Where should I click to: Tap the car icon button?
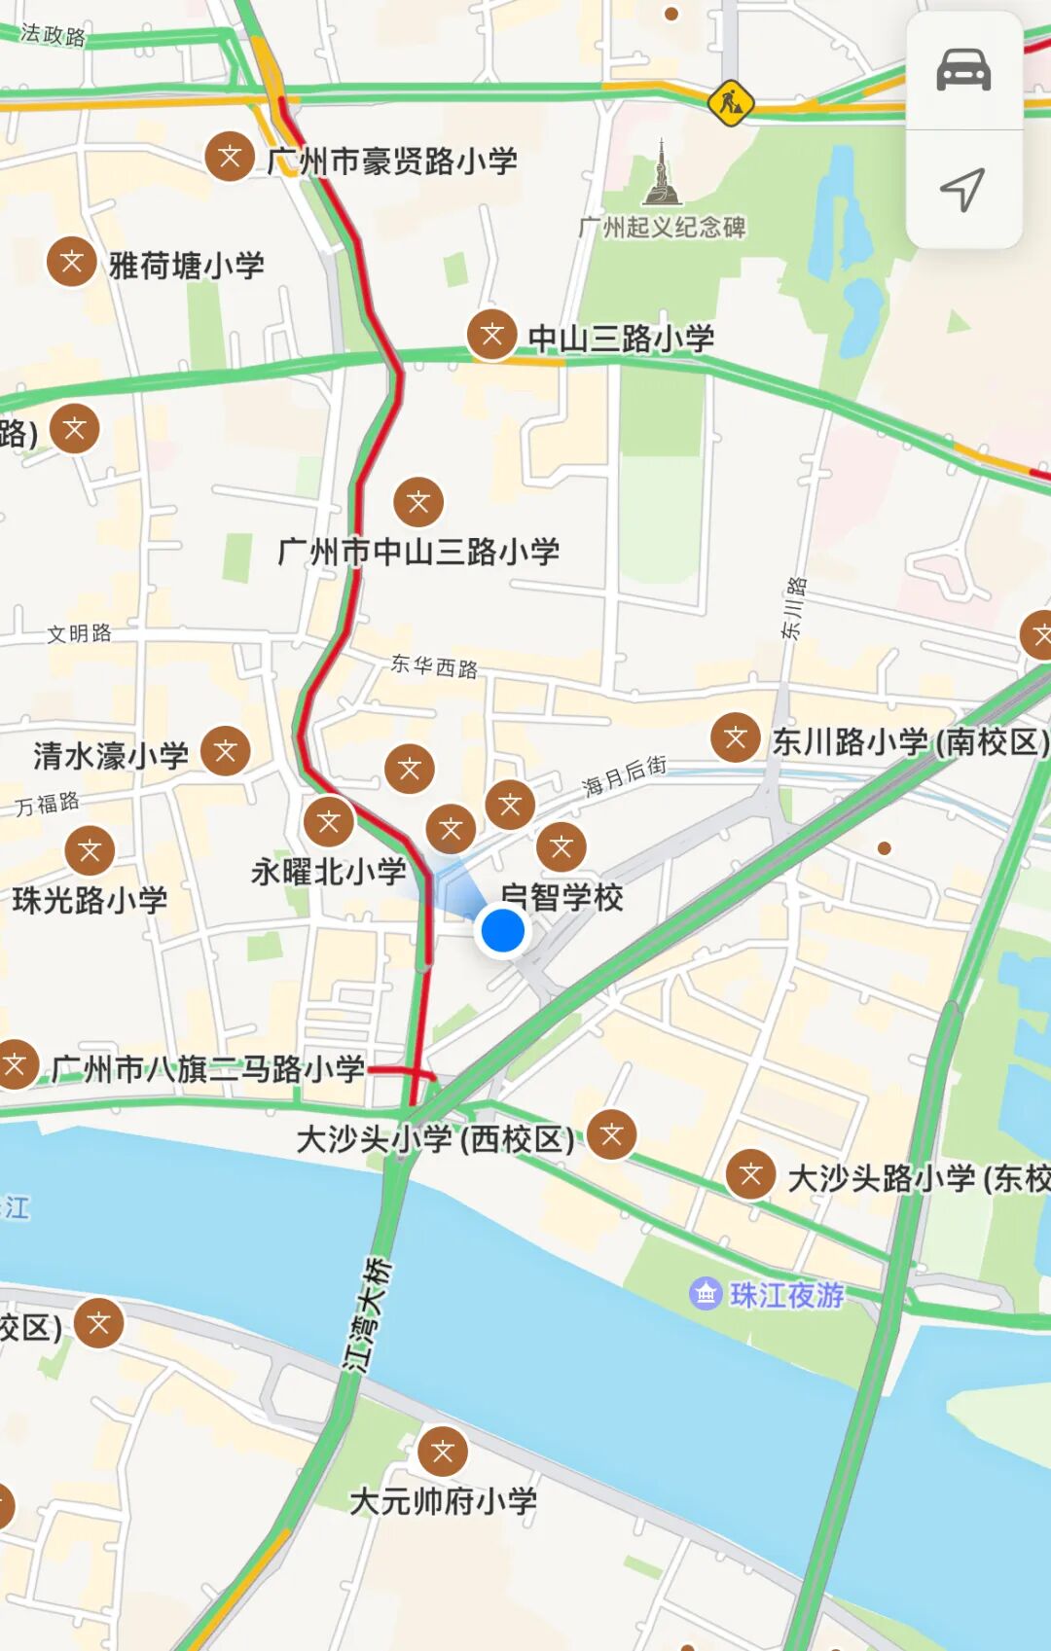click(x=963, y=71)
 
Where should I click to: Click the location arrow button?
click(x=963, y=189)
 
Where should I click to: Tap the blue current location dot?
click(x=503, y=930)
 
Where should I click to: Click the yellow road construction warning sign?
click(x=730, y=102)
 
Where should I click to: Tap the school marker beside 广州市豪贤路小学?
click(x=230, y=157)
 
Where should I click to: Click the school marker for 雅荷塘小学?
click(x=72, y=262)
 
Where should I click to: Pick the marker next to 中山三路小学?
click(x=492, y=336)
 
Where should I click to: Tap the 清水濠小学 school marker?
click(x=226, y=751)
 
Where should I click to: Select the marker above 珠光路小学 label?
click(x=90, y=851)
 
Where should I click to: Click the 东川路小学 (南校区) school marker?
click(x=736, y=737)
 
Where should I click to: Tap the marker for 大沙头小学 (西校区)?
click(x=612, y=1134)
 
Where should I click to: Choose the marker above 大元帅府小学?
click(x=443, y=1452)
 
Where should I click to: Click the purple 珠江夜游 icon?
click(x=706, y=1294)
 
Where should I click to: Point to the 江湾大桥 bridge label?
click(x=367, y=1314)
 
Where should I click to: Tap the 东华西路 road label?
click(x=434, y=666)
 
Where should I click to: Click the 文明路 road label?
click(x=80, y=633)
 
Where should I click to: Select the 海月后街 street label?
click(x=625, y=776)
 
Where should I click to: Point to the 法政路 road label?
click(x=54, y=36)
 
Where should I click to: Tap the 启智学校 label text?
click(x=562, y=897)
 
